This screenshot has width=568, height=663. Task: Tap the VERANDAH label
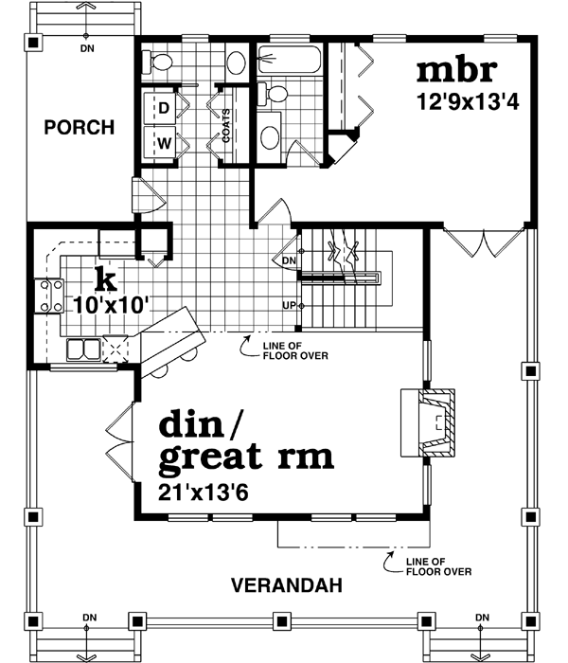286,584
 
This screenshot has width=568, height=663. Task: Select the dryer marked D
164,108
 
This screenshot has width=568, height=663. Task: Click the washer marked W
164,143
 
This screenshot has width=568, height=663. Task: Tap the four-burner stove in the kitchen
48,294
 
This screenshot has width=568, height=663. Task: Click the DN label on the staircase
289,260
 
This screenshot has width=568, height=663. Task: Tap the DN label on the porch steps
87,46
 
